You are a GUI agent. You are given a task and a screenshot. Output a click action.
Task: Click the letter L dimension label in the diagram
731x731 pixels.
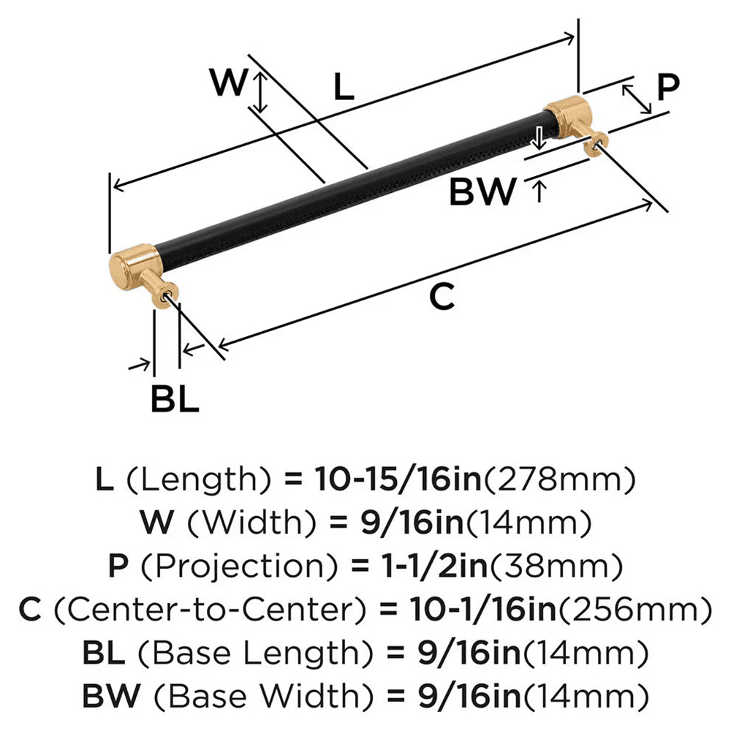coord(344,88)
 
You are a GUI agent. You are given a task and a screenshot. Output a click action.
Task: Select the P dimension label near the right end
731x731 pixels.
coord(667,87)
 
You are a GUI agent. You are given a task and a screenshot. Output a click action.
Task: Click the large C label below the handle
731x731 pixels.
coord(442,298)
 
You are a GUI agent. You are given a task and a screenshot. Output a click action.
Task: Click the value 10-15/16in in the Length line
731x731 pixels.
coord(398,480)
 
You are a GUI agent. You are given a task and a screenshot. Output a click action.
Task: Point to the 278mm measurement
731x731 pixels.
coord(558,480)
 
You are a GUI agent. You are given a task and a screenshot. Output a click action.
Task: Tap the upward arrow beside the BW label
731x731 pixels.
coord(539,192)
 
